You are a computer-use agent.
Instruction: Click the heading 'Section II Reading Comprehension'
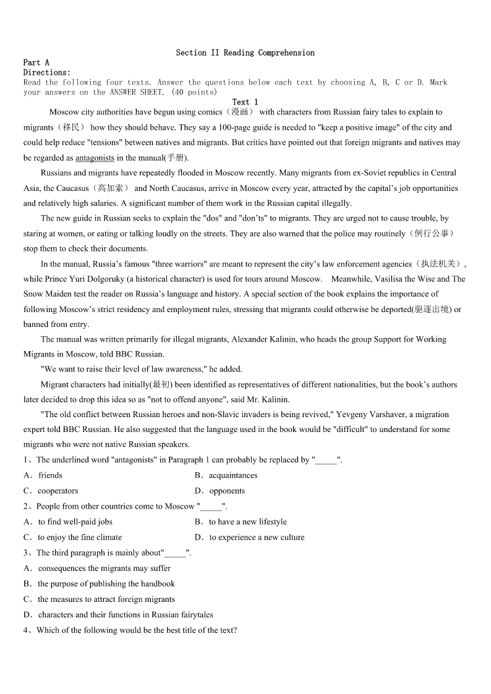pyautogui.click(x=245, y=53)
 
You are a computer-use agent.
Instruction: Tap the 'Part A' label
pyautogui.click(x=36, y=62)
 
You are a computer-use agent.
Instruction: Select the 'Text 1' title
pyautogui.click(x=245, y=102)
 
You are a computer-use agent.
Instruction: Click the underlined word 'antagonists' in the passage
pyautogui.click(x=95, y=158)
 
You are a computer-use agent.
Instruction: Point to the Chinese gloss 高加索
pyautogui.click(x=111, y=188)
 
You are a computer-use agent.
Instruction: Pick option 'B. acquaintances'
pyautogui.click(x=226, y=476)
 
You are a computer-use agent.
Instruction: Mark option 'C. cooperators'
pyautogui.click(x=51, y=491)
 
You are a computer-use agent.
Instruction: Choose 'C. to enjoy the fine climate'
pyautogui.click(x=73, y=538)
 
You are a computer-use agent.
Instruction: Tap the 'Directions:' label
pyautogui.click(x=47, y=72)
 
